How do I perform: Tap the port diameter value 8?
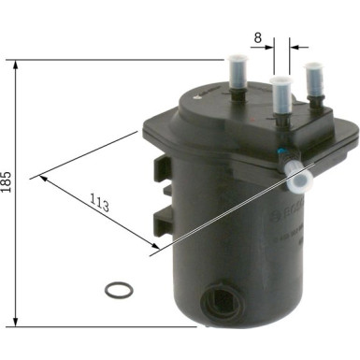(257, 39)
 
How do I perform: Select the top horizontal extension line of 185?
(122, 61)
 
